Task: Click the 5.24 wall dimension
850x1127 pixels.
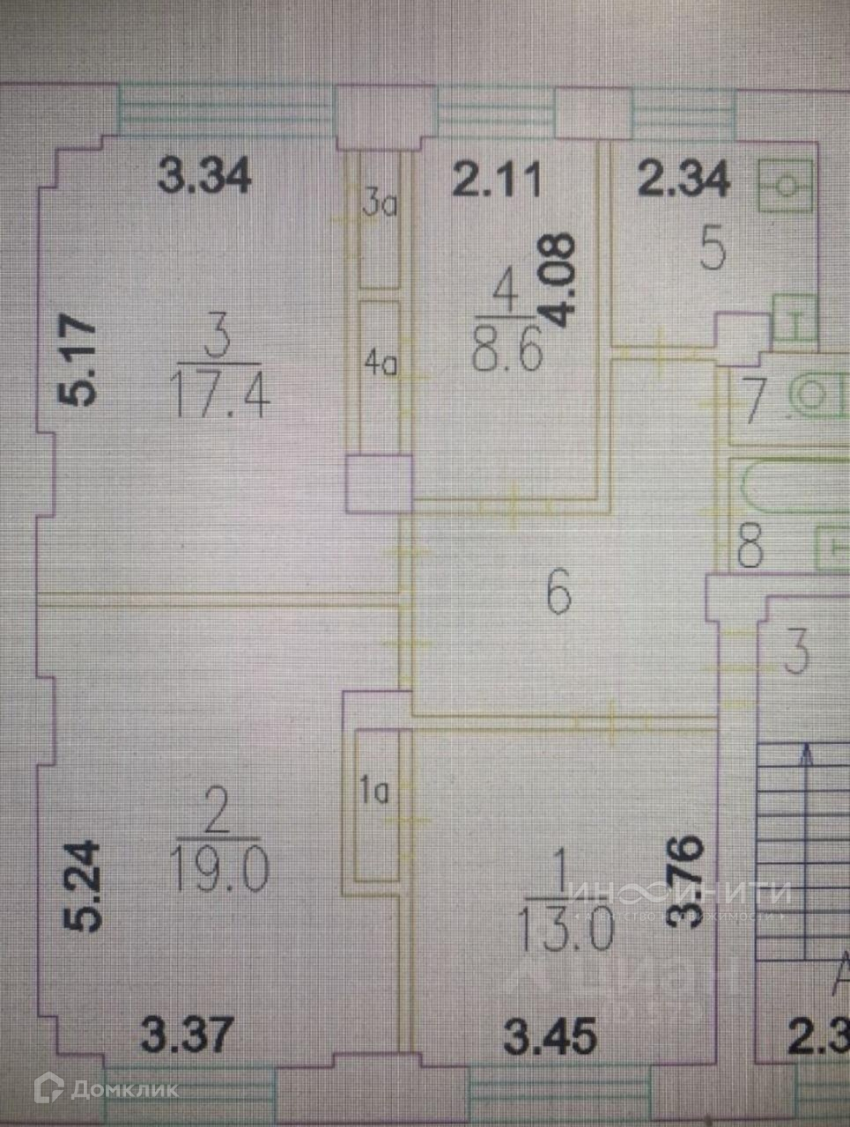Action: [84, 886]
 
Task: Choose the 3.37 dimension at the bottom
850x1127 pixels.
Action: [189, 1034]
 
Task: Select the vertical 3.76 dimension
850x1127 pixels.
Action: [688, 881]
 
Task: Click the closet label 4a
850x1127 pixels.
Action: [381, 364]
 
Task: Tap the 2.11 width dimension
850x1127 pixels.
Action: [496, 181]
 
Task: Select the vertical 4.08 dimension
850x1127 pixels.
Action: [560, 281]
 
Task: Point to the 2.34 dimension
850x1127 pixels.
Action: [684, 179]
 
